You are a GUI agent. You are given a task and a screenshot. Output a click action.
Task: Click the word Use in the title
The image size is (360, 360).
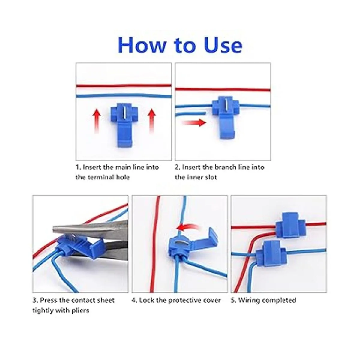point(223,45)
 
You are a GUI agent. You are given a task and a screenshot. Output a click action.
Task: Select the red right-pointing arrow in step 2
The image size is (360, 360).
point(194,123)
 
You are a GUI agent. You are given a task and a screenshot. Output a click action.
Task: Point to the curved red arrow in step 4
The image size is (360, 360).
point(187,227)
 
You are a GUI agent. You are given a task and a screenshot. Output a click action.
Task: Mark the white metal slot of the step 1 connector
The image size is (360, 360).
point(124,112)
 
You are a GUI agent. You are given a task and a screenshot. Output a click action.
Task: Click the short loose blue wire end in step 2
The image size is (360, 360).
point(190,113)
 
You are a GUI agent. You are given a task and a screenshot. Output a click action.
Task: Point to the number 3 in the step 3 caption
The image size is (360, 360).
point(35,300)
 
